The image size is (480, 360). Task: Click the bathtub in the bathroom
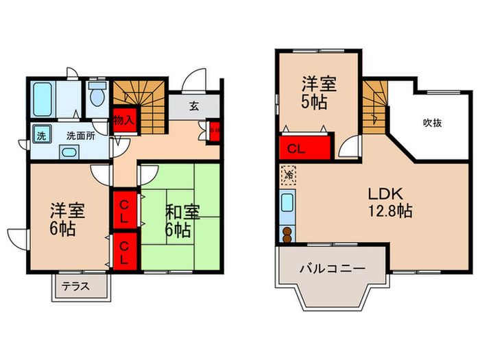click(45, 100)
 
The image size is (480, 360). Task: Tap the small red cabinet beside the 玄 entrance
click(214, 130)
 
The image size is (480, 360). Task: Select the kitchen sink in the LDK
click(287, 204)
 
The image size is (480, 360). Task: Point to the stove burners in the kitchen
click(286, 233)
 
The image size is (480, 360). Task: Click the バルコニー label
click(331, 269)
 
